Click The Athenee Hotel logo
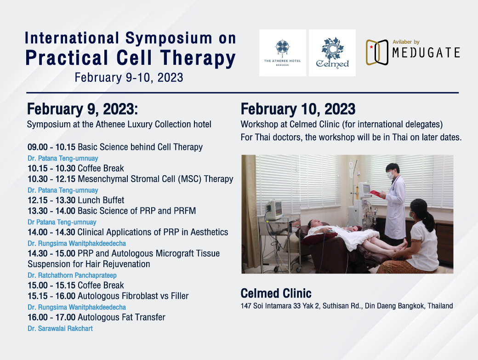coord(283,53)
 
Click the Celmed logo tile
coord(332,53)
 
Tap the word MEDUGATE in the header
coord(426,53)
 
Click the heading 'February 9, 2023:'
coord(82,109)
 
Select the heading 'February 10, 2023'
coord(298,109)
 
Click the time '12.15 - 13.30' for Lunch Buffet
coord(51,200)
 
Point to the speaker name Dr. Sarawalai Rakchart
coord(60,329)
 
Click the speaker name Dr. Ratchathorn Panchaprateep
coord(72,275)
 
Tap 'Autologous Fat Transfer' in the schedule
coord(121,317)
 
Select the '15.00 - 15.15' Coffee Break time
coord(51,286)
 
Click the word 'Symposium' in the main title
coord(169,39)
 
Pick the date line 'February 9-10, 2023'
coord(129,77)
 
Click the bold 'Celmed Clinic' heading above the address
coord(276,293)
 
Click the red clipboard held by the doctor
coord(377,194)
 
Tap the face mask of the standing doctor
coord(389,175)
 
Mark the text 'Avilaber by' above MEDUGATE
coord(406,42)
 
